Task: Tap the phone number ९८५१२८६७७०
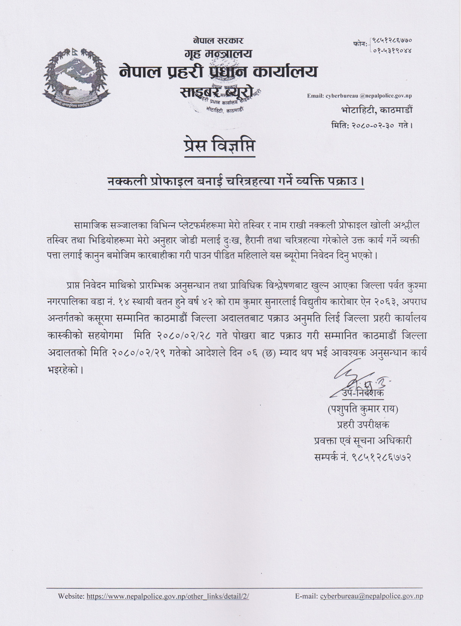392,40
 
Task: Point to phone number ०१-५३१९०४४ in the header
392,50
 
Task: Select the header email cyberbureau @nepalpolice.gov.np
359,96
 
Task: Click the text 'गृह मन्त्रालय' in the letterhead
218,54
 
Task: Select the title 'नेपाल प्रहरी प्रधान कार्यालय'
218,71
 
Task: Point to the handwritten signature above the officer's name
355,380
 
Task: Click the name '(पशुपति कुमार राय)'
363,409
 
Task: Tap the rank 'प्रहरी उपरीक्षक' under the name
363,425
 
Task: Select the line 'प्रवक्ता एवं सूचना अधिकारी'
363,441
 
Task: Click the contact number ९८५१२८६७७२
379,457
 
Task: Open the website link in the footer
168,596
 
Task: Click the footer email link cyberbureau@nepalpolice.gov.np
371,596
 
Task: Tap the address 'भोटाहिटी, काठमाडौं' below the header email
377,110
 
